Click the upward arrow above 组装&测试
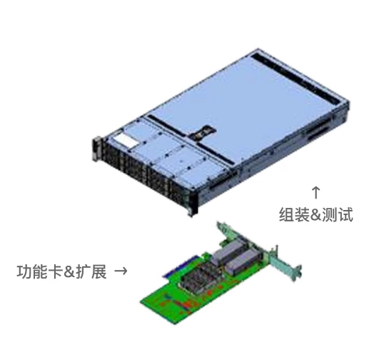315,192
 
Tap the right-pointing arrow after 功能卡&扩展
121,271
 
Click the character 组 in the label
287,214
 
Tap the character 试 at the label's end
345,214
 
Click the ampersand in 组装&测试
316,215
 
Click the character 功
24,271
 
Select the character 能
39,271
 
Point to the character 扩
84,271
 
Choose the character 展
98,271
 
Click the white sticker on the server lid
125,141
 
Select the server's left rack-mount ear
96,149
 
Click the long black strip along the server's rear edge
295,78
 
